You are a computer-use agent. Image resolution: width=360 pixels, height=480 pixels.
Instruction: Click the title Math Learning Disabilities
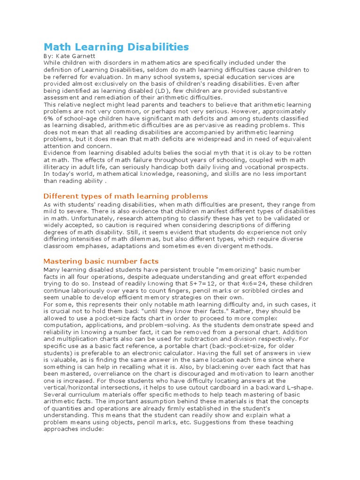click(116, 47)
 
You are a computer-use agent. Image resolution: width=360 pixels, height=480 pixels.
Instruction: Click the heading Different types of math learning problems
click(126, 196)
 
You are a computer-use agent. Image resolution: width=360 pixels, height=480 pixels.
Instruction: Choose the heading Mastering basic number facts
click(101, 261)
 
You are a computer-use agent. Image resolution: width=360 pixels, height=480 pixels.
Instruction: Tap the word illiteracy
click(57, 167)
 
